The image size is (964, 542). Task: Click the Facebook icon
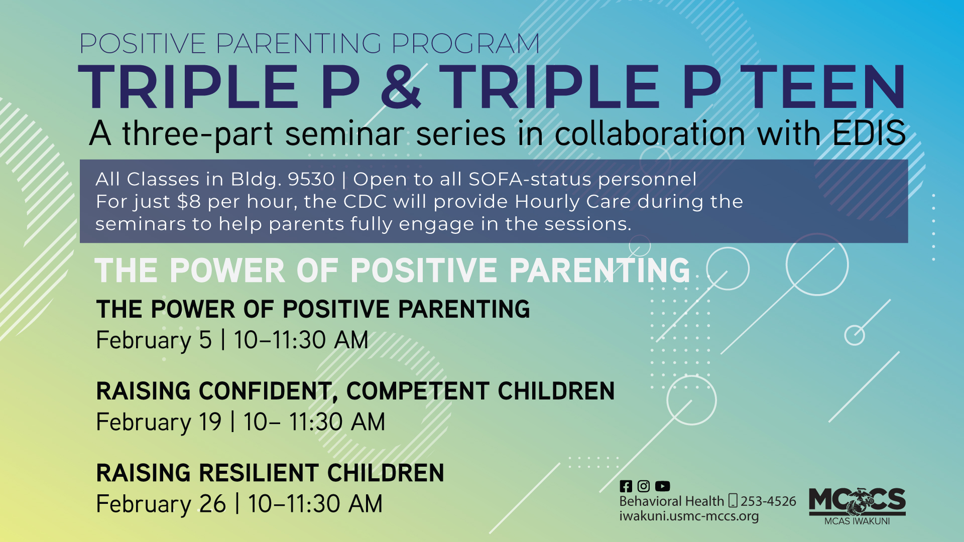[x=626, y=486]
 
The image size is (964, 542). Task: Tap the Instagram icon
[x=644, y=486]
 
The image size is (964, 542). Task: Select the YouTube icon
[x=662, y=486]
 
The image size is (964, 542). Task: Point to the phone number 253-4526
[x=768, y=501]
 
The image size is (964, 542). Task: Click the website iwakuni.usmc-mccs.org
[x=689, y=516]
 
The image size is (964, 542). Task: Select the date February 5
[x=154, y=340]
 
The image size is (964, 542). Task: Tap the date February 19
[x=159, y=422]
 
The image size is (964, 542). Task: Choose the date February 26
[x=161, y=503]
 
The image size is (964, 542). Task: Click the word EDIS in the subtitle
[x=869, y=133]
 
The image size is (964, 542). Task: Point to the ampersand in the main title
[x=400, y=87]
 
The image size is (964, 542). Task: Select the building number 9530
[x=311, y=179]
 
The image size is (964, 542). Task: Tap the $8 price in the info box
[x=189, y=202]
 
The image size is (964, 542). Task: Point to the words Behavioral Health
[x=671, y=501]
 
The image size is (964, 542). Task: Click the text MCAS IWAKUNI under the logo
[x=857, y=521]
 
